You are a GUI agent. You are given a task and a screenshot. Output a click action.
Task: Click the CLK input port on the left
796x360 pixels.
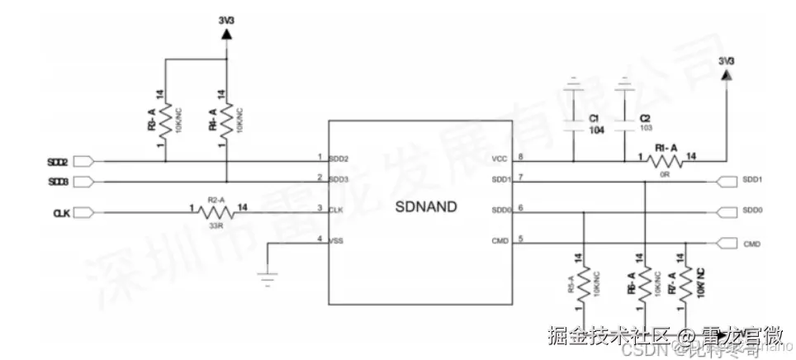pos(82,213)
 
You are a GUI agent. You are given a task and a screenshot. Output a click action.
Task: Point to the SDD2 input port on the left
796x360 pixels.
pos(88,161)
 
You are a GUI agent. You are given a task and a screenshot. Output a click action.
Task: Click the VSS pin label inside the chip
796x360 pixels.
pos(337,241)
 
